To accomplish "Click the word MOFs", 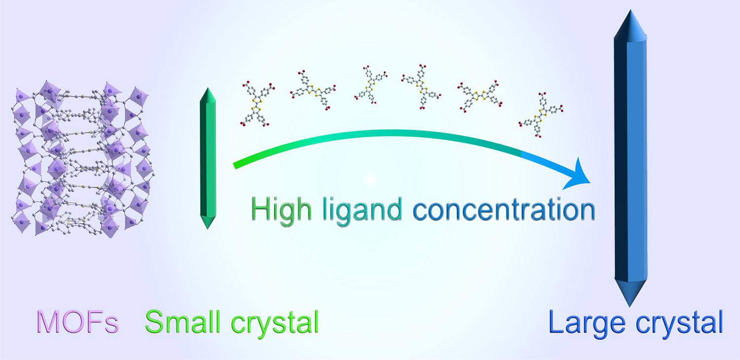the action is [x=77, y=322].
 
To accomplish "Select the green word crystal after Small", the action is [x=275, y=324].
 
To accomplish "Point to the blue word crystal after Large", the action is [x=679, y=324].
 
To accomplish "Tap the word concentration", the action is [x=504, y=210].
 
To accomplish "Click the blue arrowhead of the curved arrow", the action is [x=577, y=175].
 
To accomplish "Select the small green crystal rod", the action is [x=208, y=158].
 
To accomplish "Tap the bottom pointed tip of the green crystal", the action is [x=208, y=229].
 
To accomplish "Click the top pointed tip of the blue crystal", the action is [x=630, y=10].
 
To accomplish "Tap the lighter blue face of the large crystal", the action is [x=637, y=161].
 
